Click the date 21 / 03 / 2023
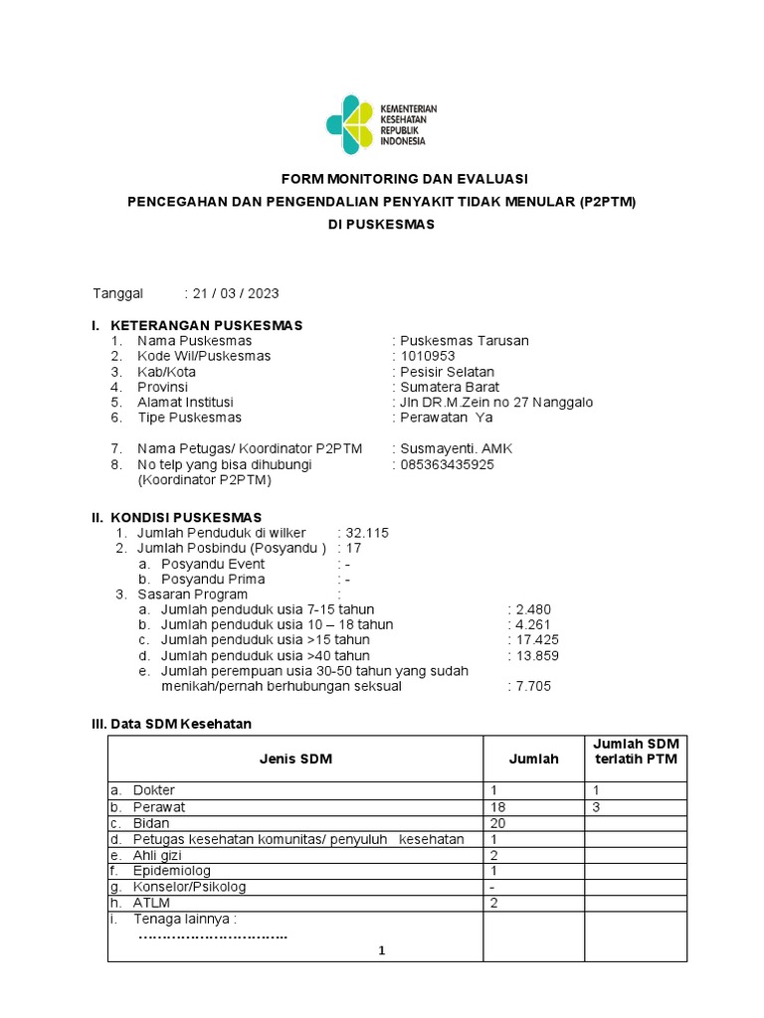coord(236,293)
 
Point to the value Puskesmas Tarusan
coord(463,341)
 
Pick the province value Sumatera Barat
coord(450,387)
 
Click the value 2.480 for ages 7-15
coord(532,609)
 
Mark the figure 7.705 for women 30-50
coord(532,686)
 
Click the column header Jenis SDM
coord(295,759)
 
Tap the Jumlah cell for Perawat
coord(498,807)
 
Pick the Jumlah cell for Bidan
coord(498,823)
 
